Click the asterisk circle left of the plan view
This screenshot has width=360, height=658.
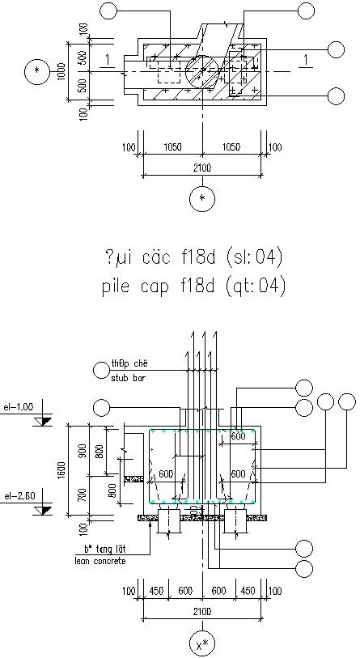(x=36, y=72)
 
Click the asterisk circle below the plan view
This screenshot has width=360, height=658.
(x=202, y=197)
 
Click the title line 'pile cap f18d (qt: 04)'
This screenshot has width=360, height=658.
(x=194, y=287)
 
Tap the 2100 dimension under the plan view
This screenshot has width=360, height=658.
(x=201, y=168)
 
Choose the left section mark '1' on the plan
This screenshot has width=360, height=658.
(x=106, y=59)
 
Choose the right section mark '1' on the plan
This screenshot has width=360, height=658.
(x=305, y=59)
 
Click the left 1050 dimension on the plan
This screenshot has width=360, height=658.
(x=172, y=147)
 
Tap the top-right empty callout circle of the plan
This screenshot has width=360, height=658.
(x=307, y=11)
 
